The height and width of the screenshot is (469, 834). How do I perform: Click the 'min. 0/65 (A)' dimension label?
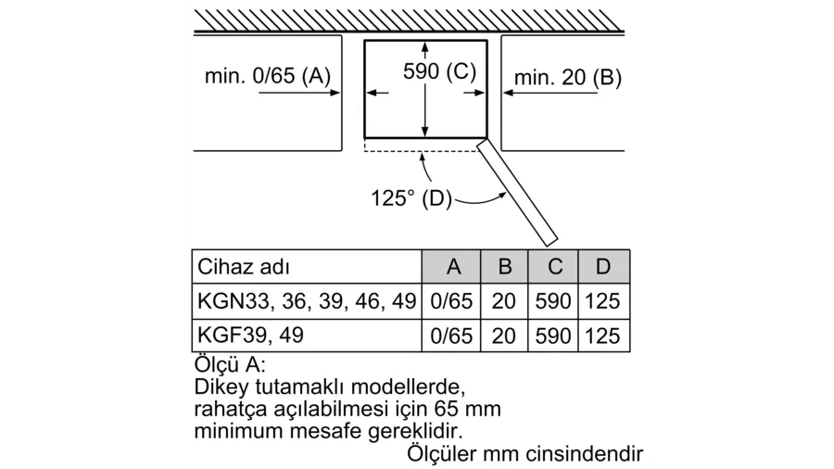[268, 76]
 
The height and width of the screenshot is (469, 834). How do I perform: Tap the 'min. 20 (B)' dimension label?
[567, 78]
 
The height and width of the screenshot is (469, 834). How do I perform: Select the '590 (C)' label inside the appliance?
[439, 71]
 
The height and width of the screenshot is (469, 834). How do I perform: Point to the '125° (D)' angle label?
[411, 198]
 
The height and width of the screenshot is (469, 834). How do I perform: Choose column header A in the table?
[453, 266]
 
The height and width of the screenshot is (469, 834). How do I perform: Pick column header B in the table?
[505, 266]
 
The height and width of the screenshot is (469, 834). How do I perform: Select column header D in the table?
[603, 266]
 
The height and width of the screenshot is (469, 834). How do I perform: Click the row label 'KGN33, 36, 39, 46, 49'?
[307, 301]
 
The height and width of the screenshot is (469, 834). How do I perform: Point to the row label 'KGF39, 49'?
[250, 336]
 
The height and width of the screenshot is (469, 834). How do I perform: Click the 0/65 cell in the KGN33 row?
[451, 301]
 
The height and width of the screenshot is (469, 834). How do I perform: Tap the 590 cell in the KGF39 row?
[553, 336]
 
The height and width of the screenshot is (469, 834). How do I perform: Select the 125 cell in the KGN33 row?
[602, 301]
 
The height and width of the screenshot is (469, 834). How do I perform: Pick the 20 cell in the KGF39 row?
[504, 336]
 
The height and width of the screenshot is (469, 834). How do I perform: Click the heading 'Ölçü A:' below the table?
[229, 364]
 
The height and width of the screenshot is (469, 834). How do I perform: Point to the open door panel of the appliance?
[517, 193]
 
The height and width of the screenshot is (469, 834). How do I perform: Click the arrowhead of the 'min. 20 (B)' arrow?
[508, 93]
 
